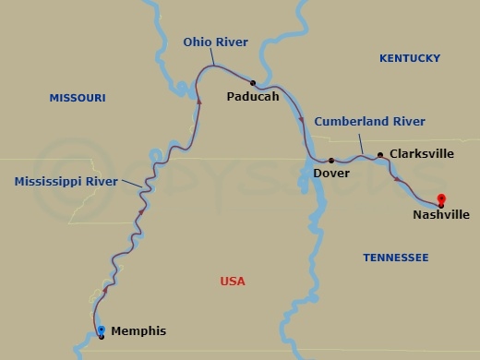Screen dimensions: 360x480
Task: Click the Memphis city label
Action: click(x=138, y=330)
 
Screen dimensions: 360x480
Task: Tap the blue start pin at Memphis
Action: click(x=101, y=330)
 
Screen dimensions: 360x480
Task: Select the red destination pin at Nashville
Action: click(x=441, y=198)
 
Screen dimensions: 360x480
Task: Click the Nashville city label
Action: click(x=441, y=215)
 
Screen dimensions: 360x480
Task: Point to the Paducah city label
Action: click(x=252, y=96)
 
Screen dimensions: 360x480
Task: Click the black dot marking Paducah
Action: click(x=252, y=82)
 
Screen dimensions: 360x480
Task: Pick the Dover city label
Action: click(x=331, y=173)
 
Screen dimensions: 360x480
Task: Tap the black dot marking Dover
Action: click(x=331, y=160)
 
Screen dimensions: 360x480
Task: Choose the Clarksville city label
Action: click(x=422, y=154)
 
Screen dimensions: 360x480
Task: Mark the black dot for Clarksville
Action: click(x=380, y=154)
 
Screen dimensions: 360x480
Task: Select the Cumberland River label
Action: click(x=369, y=122)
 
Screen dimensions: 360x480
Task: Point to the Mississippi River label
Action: click(x=66, y=182)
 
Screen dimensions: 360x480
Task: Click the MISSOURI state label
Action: click(x=78, y=98)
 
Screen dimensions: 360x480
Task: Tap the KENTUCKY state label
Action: click(x=410, y=58)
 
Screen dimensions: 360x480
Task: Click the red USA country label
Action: click(x=234, y=282)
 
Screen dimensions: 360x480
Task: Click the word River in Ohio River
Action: click(x=234, y=42)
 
